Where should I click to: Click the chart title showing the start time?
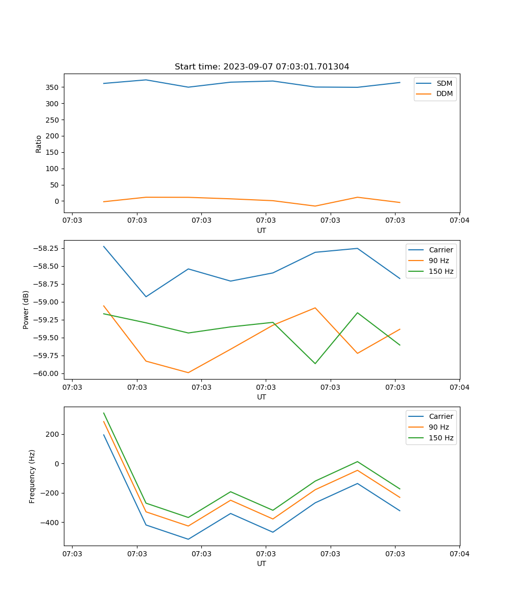point(262,67)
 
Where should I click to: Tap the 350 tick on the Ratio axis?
point(53,87)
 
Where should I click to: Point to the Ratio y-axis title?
point(39,144)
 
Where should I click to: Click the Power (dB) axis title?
point(26,310)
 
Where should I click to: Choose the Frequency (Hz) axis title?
point(32,476)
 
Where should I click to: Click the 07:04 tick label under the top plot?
point(459,220)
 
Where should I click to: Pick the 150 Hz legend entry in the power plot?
point(441,271)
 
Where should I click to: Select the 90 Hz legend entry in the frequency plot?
point(439,427)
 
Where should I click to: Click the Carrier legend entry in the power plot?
point(440,250)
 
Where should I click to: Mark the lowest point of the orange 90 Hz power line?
point(188,372)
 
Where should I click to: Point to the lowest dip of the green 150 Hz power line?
point(315,364)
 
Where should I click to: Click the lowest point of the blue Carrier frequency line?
point(188,539)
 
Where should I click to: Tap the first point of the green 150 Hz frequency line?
point(104,413)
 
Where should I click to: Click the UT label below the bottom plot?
point(262,564)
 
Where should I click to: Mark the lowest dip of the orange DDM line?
point(315,206)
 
